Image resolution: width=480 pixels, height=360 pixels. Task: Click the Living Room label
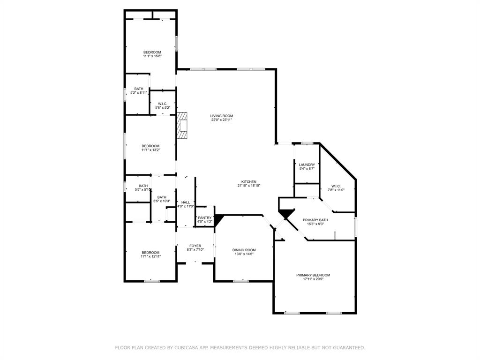[x=221, y=116]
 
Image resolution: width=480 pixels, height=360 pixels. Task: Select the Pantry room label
[x=205, y=217]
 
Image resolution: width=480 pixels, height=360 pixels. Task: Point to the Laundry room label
[x=307, y=165]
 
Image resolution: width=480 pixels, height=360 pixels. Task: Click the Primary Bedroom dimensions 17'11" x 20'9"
[x=313, y=279]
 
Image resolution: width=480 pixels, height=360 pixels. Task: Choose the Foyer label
[x=195, y=246]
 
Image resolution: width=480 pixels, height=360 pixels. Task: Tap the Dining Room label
[x=244, y=250]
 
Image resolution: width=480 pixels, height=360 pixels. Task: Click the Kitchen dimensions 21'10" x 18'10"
[x=249, y=186]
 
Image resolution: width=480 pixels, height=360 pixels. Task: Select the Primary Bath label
[x=315, y=220]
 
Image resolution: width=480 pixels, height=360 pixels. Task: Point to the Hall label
[x=186, y=202]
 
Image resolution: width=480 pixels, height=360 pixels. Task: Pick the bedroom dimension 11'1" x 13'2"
[x=150, y=150]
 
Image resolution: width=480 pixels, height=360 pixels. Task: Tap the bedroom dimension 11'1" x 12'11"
[x=150, y=256]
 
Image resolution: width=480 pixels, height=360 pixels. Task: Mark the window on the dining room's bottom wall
[x=241, y=281]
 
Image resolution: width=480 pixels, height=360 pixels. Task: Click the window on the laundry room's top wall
[x=307, y=143]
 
